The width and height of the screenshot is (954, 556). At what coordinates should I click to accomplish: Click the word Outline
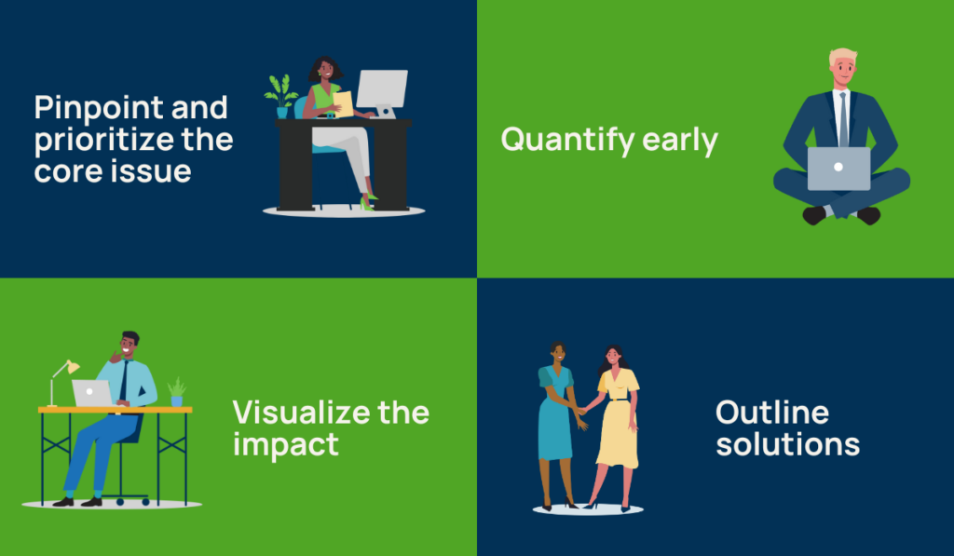[771, 412]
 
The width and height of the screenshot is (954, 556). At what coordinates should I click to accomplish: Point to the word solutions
[787, 443]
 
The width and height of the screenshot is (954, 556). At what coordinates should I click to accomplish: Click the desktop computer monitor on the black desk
[382, 88]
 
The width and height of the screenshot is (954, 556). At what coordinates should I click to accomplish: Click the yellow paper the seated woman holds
[343, 103]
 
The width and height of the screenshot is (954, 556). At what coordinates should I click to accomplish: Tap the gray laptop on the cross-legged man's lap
[838, 169]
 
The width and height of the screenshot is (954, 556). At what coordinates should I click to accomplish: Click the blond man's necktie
[842, 116]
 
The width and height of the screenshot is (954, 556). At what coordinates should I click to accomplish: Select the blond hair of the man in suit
[842, 56]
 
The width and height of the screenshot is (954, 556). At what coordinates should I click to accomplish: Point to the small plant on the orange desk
[176, 391]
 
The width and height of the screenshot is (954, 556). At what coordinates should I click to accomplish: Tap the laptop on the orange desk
[92, 393]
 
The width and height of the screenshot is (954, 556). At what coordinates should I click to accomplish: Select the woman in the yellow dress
[617, 419]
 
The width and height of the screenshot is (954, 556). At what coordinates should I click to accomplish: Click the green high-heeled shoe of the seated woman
[367, 203]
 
